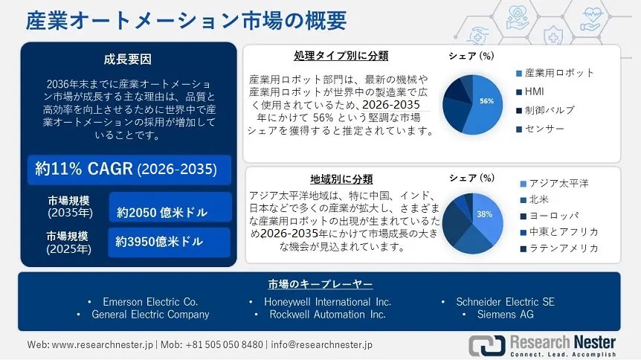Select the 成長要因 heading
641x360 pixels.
tap(129, 60)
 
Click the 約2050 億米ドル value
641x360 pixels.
tap(163, 212)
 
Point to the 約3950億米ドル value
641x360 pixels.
tap(159, 242)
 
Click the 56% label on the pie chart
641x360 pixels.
tap(487, 100)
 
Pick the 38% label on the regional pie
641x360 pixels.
tap(485, 214)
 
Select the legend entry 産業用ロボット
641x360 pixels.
tap(559, 73)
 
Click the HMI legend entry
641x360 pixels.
tap(535, 92)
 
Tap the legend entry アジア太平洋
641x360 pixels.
tap(559, 183)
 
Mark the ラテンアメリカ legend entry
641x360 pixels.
tap(562, 248)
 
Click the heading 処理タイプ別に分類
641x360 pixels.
tap(341, 56)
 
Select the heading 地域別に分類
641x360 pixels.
tap(341, 179)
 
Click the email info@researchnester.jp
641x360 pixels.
tap(321, 345)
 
